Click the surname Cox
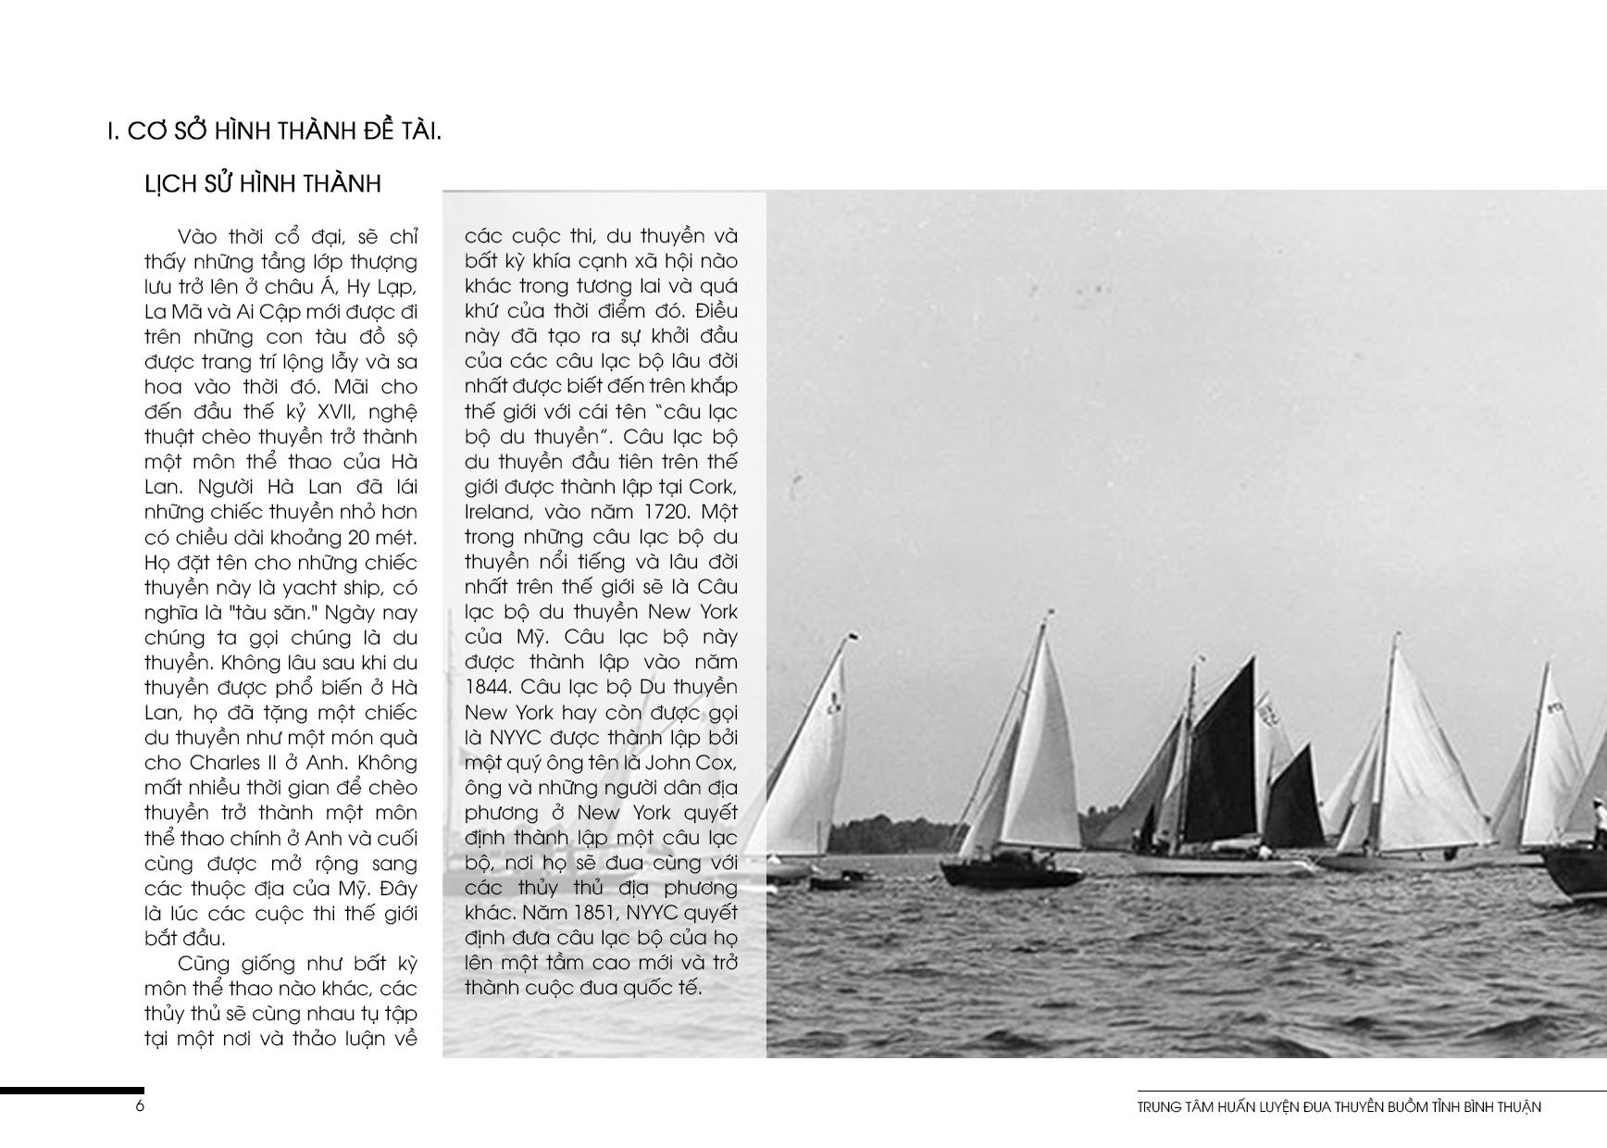pos(717,763)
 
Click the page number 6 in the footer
pos(141,1105)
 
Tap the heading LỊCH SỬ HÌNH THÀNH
pos(263,184)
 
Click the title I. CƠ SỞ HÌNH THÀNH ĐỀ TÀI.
pos(274,131)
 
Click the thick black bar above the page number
pos(71,1092)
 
